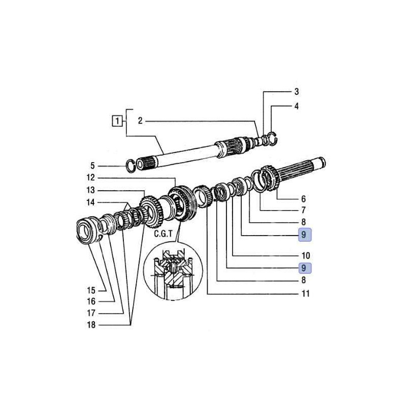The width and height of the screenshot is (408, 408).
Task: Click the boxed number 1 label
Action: (x=117, y=121)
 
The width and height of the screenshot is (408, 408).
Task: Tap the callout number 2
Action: (x=140, y=121)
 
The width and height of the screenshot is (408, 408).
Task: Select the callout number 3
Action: (x=296, y=92)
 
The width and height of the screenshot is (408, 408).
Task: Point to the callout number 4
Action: (x=296, y=106)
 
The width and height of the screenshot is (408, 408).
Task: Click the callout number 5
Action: (x=92, y=166)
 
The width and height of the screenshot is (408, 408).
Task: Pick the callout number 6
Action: (x=303, y=199)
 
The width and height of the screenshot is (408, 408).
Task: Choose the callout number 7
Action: (x=303, y=210)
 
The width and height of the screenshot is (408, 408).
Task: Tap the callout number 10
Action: (x=305, y=256)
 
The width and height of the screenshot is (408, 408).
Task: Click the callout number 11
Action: (x=305, y=294)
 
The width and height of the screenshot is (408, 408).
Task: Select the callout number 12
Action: (x=91, y=177)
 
